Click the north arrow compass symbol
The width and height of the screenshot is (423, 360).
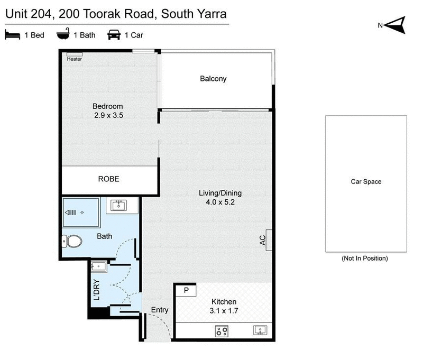click(396, 24)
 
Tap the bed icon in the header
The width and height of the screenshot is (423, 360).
click(12, 35)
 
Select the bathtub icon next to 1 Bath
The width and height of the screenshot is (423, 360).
click(63, 35)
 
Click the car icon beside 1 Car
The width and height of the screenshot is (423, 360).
click(113, 35)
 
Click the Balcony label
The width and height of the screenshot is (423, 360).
click(213, 79)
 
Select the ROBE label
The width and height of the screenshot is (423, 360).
click(109, 179)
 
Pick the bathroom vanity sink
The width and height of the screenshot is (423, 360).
click(118, 205)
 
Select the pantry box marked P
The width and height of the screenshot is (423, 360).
click(186, 290)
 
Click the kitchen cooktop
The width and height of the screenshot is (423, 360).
click(222, 331)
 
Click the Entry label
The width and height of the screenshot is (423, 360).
click(160, 310)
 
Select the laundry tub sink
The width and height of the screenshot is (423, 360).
click(100, 266)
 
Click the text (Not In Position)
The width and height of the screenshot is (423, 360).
click(364, 259)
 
